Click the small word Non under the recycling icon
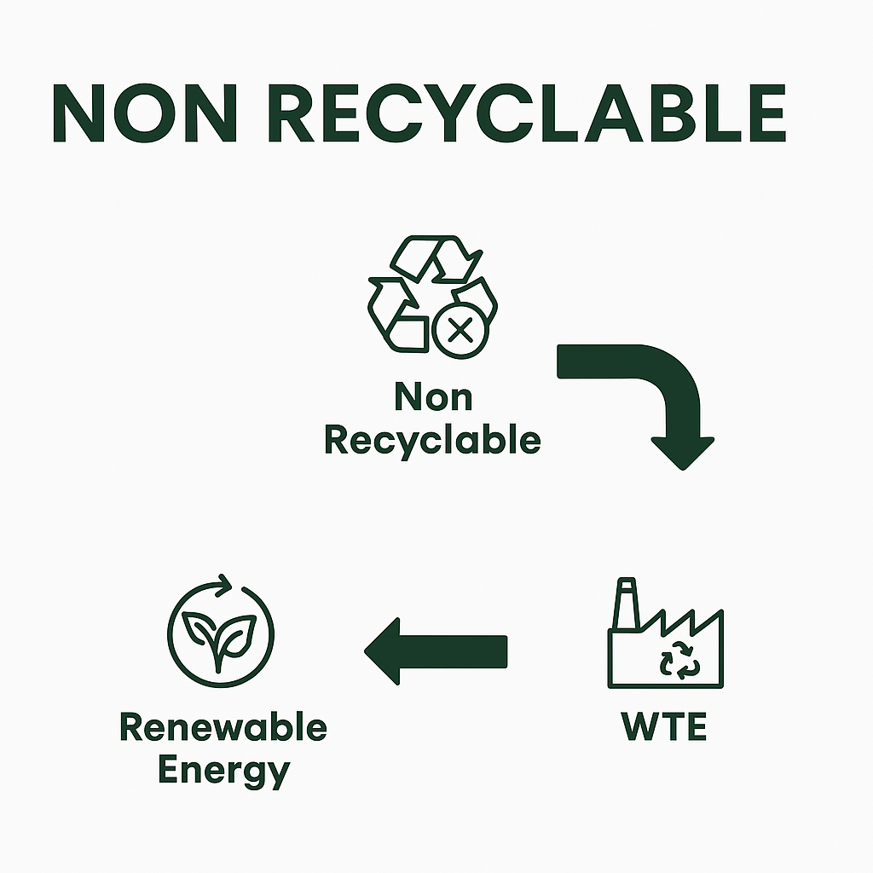433,397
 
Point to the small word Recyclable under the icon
433,441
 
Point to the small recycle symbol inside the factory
680,662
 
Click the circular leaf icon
221,631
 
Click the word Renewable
223,728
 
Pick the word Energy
223,772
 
